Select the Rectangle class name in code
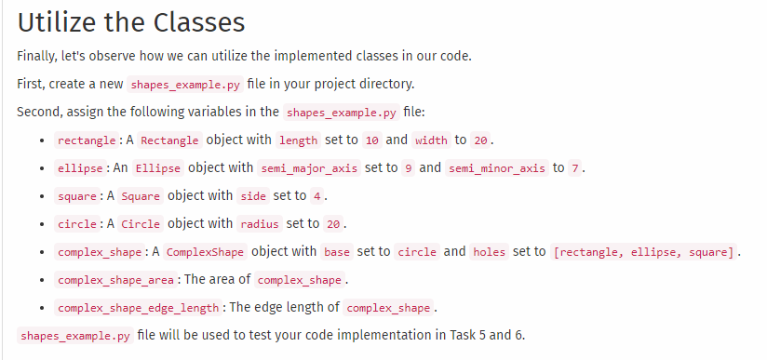[169, 140]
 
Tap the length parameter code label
[297, 140]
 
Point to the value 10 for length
[372, 140]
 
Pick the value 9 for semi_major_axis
[407, 168]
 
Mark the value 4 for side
[316, 196]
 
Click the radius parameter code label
[259, 224]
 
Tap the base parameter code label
[337, 252]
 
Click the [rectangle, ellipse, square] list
[644, 252]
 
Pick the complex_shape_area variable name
[114, 280]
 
